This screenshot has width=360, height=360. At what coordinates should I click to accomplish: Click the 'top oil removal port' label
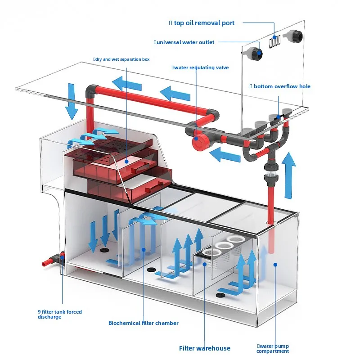tap(204, 23)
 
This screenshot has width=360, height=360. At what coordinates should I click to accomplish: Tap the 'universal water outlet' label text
tap(185, 42)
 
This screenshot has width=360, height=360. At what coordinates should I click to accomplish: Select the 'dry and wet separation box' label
tap(122, 59)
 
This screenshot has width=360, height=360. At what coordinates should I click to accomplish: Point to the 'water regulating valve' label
tap(201, 68)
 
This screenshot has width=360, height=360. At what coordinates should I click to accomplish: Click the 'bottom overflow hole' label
tap(282, 86)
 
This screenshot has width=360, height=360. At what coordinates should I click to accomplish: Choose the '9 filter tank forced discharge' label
tap(60, 314)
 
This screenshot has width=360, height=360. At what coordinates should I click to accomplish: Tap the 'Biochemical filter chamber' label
tap(143, 323)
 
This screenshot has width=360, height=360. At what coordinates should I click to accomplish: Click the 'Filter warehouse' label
tap(205, 348)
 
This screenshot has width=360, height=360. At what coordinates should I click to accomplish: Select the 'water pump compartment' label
tap(273, 348)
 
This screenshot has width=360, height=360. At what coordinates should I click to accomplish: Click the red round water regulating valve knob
tap(199, 142)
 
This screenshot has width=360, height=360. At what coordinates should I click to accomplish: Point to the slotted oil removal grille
tap(274, 41)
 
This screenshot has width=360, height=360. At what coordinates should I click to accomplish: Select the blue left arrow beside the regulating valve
tap(225, 155)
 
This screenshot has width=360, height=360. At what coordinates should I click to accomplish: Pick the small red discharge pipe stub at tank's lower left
tap(47, 262)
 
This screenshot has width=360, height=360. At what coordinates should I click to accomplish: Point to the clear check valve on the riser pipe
tap(271, 171)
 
